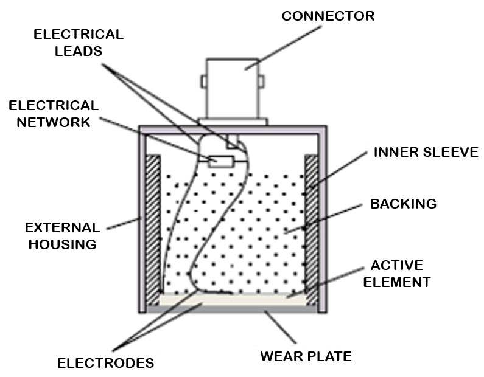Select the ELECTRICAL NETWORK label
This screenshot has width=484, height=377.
[x=53, y=114]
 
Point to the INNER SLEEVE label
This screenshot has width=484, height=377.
[x=426, y=152]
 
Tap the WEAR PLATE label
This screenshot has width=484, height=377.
[x=306, y=355]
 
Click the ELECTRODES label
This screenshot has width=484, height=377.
[x=105, y=363]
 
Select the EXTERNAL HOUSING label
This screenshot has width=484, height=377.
[x=61, y=236]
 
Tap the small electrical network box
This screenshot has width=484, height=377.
[x=220, y=161]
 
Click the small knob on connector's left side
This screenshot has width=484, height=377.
[x=202, y=80]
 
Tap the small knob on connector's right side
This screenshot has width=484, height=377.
[x=262, y=80]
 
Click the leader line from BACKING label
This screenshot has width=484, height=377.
[x=329, y=218]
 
